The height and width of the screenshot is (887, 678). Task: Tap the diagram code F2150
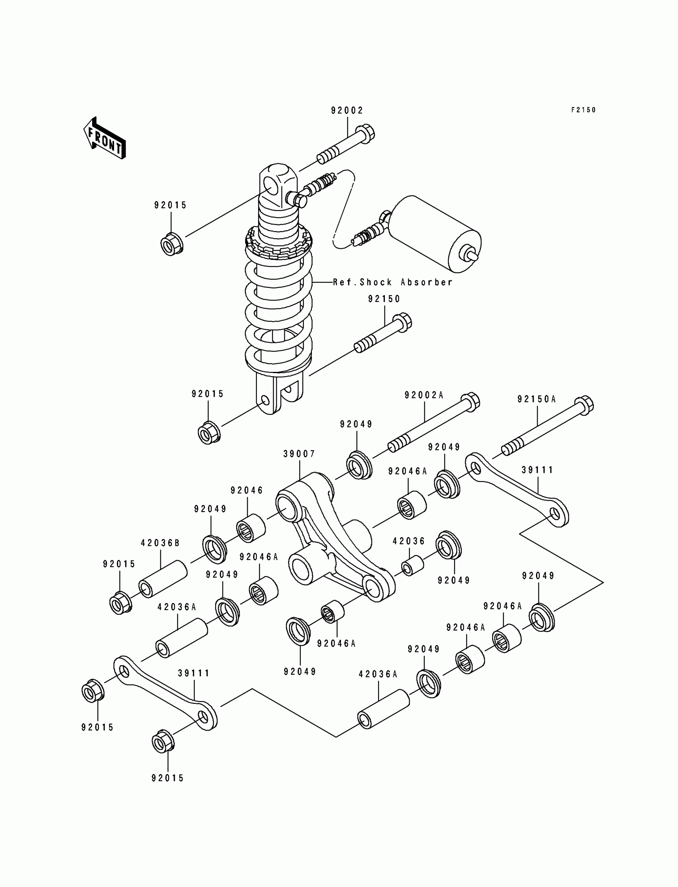pos(583,110)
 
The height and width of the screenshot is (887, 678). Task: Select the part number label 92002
pos(347,110)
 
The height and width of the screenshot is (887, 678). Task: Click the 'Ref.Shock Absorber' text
pos(392,282)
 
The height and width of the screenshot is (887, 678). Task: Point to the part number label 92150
pos(384,299)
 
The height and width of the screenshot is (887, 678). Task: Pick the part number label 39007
pos(299,454)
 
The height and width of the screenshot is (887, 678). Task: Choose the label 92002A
pos(424,395)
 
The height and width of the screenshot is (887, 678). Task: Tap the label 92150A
pos(537,399)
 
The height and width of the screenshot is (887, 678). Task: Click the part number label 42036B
pos(160,543)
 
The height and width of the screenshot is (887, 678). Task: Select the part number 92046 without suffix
pos(246,490)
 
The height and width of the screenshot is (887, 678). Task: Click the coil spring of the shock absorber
pos(278,307)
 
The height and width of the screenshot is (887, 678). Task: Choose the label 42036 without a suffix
pos(409,541)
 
